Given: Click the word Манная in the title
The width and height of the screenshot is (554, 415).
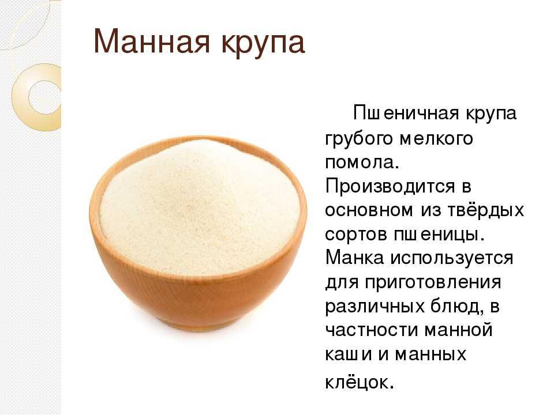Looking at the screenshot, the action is [152, 42].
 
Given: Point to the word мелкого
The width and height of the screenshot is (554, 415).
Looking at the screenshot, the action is [436, 138].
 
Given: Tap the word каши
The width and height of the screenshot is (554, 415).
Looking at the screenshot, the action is [349, 354].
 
